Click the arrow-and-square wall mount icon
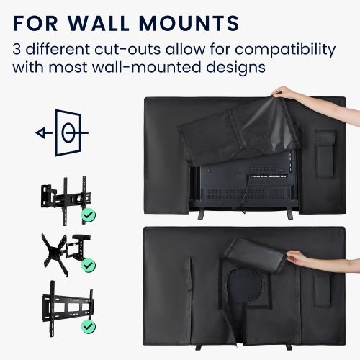(x=63, y=133)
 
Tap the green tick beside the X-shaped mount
(x=89, y=266)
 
